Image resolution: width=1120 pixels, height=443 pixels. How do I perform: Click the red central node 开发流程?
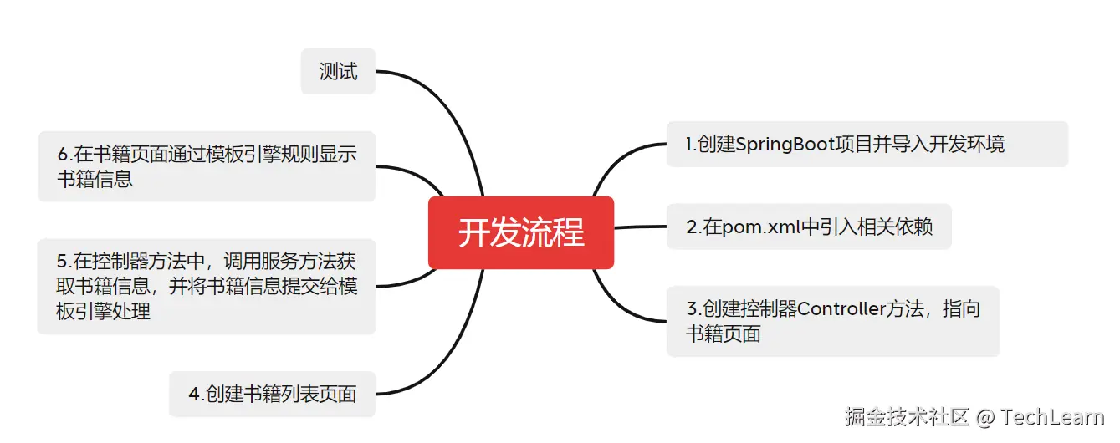(520, 232)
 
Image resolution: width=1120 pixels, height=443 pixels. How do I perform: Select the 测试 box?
(338, 72)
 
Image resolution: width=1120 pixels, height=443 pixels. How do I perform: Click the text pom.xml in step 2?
(752, 227)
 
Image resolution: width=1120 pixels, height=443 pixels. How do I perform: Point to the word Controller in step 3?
(841, 309)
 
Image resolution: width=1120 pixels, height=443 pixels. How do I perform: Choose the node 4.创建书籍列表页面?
(273, 394)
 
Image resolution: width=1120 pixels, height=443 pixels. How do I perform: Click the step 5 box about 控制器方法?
(207, 287)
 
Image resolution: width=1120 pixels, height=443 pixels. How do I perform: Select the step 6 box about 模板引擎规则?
(207, 166)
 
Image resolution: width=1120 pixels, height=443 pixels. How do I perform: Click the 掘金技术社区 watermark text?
(907, 416)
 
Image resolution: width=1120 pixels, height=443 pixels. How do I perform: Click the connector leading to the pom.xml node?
(641, 227)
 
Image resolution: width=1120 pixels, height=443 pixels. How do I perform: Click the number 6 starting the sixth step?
(64, 155)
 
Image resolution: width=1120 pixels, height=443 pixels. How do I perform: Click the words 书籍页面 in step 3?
(724, 334)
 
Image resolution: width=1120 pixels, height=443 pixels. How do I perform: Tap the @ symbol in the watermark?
(985, 416)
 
